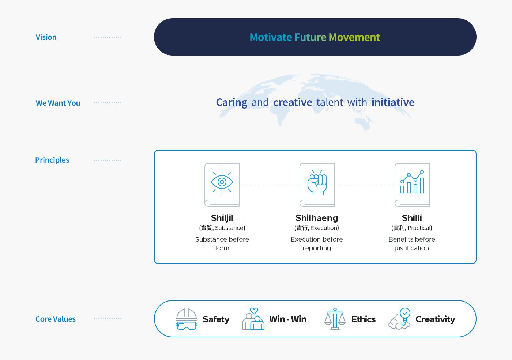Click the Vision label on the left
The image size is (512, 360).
tap(46, 37)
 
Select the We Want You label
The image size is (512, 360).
tap(58, 103)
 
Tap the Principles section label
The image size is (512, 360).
tap(52, 160)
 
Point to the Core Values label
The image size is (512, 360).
tap(55, 319)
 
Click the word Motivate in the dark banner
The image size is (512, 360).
tap(271, 37)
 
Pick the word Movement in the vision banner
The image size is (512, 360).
tap(354, 37)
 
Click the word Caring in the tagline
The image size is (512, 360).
tap(231, 102)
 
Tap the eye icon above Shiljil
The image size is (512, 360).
tap(222, 182)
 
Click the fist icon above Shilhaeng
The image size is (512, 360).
tap(317, 182)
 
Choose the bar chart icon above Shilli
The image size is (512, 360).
tap(412, 182)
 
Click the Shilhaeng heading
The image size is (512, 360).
tap(317, 218)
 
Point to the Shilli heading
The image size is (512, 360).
tap(412, 218)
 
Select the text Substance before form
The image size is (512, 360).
tap(222, 243)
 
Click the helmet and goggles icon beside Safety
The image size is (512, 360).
tap(186, 319)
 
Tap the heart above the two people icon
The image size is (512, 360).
tap(254, 311)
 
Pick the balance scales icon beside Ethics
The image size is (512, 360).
tap(335, 319)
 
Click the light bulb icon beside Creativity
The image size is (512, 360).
tap(405, 315)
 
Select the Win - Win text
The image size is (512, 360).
tap(288, 319)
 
